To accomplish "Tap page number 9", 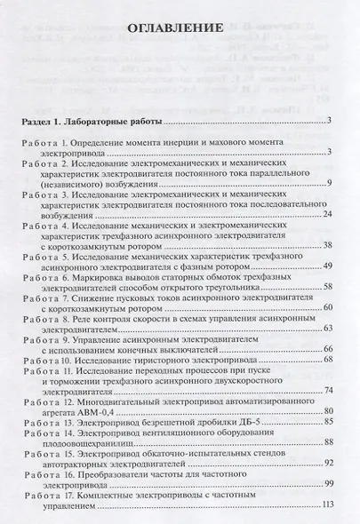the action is coord(329,183).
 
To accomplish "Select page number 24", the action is coord(326,214).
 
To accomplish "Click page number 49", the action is coord(326,266).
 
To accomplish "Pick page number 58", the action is coord(326,286).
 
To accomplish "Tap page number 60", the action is coord(326,307).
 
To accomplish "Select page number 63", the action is coord(326,329).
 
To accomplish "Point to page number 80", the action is coord(326,412).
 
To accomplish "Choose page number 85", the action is coord(326,423).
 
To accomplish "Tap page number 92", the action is coord(326,463).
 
